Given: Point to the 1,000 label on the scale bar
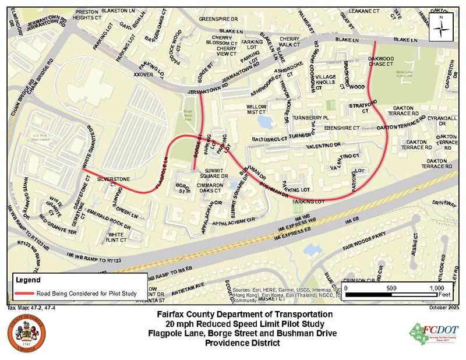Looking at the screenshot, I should (436, 289).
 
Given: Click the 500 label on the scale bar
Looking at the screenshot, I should (391, 289).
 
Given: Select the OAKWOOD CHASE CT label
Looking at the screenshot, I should (386, 61).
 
